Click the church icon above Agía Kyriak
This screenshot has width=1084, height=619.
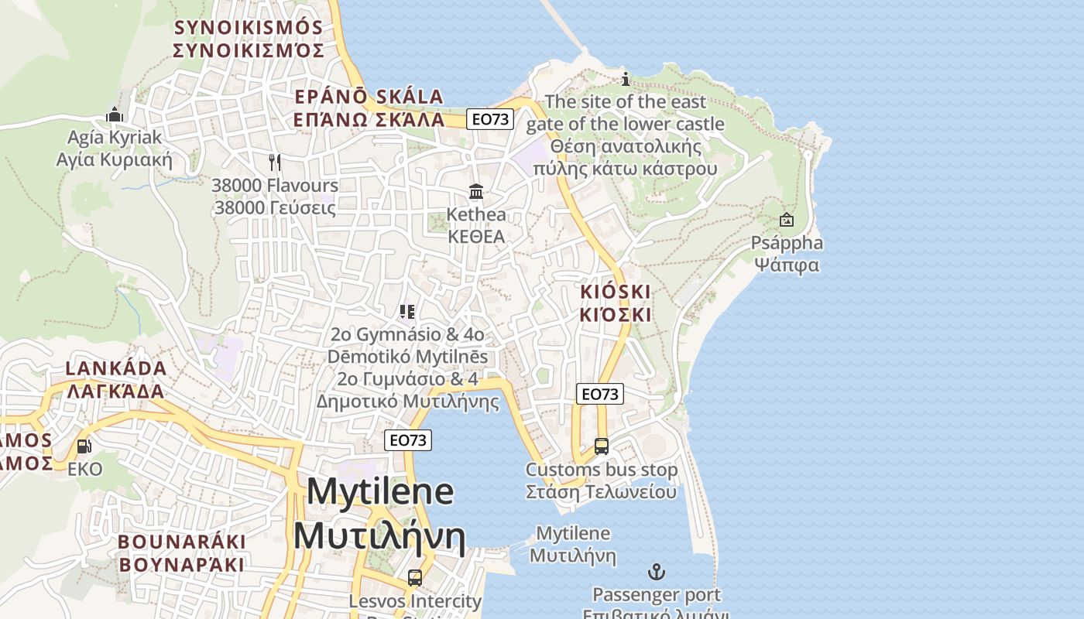[x=115, y=115]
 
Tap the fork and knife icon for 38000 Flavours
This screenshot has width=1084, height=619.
[x=274, y=162]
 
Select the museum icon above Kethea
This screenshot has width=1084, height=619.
[x=476, y=191]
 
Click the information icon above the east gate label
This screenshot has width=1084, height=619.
[x=626, y=79]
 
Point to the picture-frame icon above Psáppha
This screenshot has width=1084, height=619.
[x=787, y=220]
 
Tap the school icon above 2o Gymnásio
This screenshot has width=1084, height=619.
[x=407, y=312]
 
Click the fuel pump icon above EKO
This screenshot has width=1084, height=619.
[x=84, y=446]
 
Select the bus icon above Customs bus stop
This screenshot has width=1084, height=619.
[x=601, y=446]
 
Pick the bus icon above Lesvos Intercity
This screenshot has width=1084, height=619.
[x=415, y=578]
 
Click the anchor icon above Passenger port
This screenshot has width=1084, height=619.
[x=657, y=573]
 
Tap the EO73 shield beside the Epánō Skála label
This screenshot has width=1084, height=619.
[x=491, y=119]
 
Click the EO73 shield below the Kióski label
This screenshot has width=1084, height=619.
[x=600, y=394]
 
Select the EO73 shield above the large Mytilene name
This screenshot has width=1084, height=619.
[x=408, y=440]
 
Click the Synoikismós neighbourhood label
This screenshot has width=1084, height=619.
[x=248, y=39]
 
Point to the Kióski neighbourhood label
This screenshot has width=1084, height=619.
[x=616, y=303]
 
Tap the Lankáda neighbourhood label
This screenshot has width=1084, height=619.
[x=116, y=379]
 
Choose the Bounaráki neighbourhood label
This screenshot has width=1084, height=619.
[x=182, y=553]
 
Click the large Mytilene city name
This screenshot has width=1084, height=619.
[x=379, y=515]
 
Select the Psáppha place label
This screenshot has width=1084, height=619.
[x=787, y=254]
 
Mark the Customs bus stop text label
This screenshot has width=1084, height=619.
[x=601, y=480]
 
